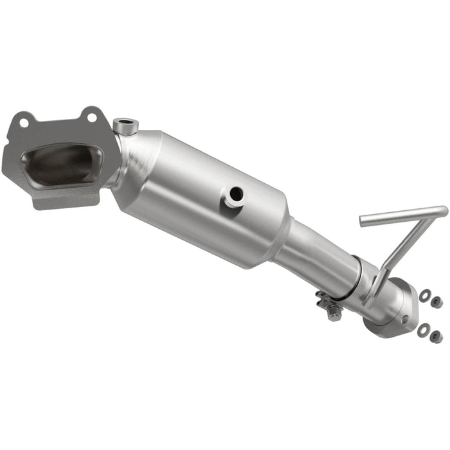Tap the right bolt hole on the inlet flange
92,118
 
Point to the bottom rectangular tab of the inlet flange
64,200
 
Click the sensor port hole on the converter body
236,194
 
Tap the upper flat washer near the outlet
425,296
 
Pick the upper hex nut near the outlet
437,301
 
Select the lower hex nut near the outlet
436,336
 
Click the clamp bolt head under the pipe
333,314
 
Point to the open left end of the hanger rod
363,222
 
